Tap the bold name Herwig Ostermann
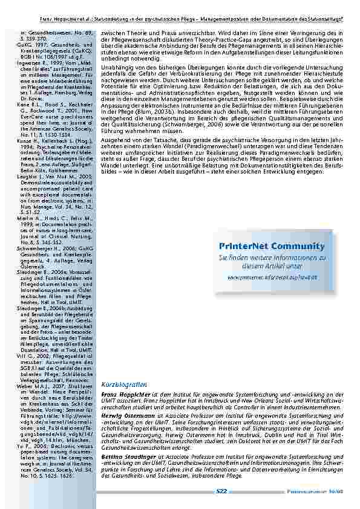129,423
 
